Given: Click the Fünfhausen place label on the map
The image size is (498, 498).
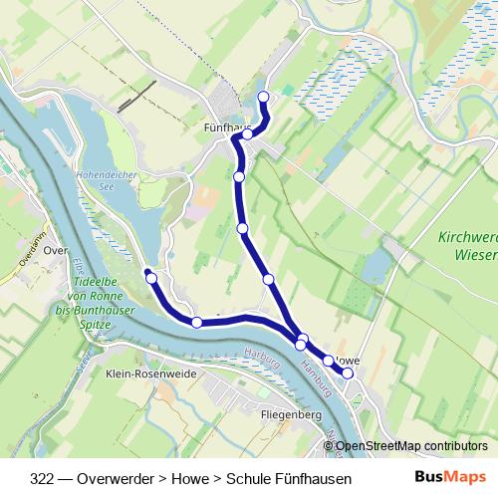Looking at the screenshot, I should (221, 128).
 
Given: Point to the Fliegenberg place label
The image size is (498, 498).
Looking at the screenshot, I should (288, 411).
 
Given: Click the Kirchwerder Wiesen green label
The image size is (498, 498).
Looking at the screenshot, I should (467, 246).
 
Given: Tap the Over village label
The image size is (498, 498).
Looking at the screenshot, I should (56, 251).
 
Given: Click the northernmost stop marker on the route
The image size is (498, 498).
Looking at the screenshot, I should (264, 97).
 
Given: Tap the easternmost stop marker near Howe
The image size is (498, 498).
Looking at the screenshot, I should (348, 373).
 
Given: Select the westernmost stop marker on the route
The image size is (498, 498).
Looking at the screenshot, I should (152, 278).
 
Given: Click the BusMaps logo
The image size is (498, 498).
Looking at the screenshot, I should (449, 477).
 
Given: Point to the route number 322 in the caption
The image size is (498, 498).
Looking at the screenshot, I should (43, 478).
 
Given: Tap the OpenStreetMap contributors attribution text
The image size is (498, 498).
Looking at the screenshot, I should (411, 446).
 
